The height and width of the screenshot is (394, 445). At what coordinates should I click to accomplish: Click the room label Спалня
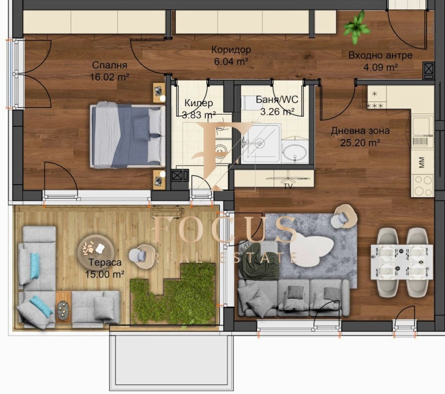[110, 65]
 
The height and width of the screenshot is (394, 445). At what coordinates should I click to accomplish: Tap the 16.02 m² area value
[110, 77]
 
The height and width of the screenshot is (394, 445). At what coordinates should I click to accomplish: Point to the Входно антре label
[380, 55]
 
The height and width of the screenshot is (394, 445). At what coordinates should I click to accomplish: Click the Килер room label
[199, 103]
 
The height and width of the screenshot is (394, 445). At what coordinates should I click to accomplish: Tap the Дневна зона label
[360, 131]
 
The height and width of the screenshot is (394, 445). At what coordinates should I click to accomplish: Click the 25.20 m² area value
[360, 142]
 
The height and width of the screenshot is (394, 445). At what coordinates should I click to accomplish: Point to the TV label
[288, 185]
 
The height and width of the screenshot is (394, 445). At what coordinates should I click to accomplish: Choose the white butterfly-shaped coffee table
[312, 245]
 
